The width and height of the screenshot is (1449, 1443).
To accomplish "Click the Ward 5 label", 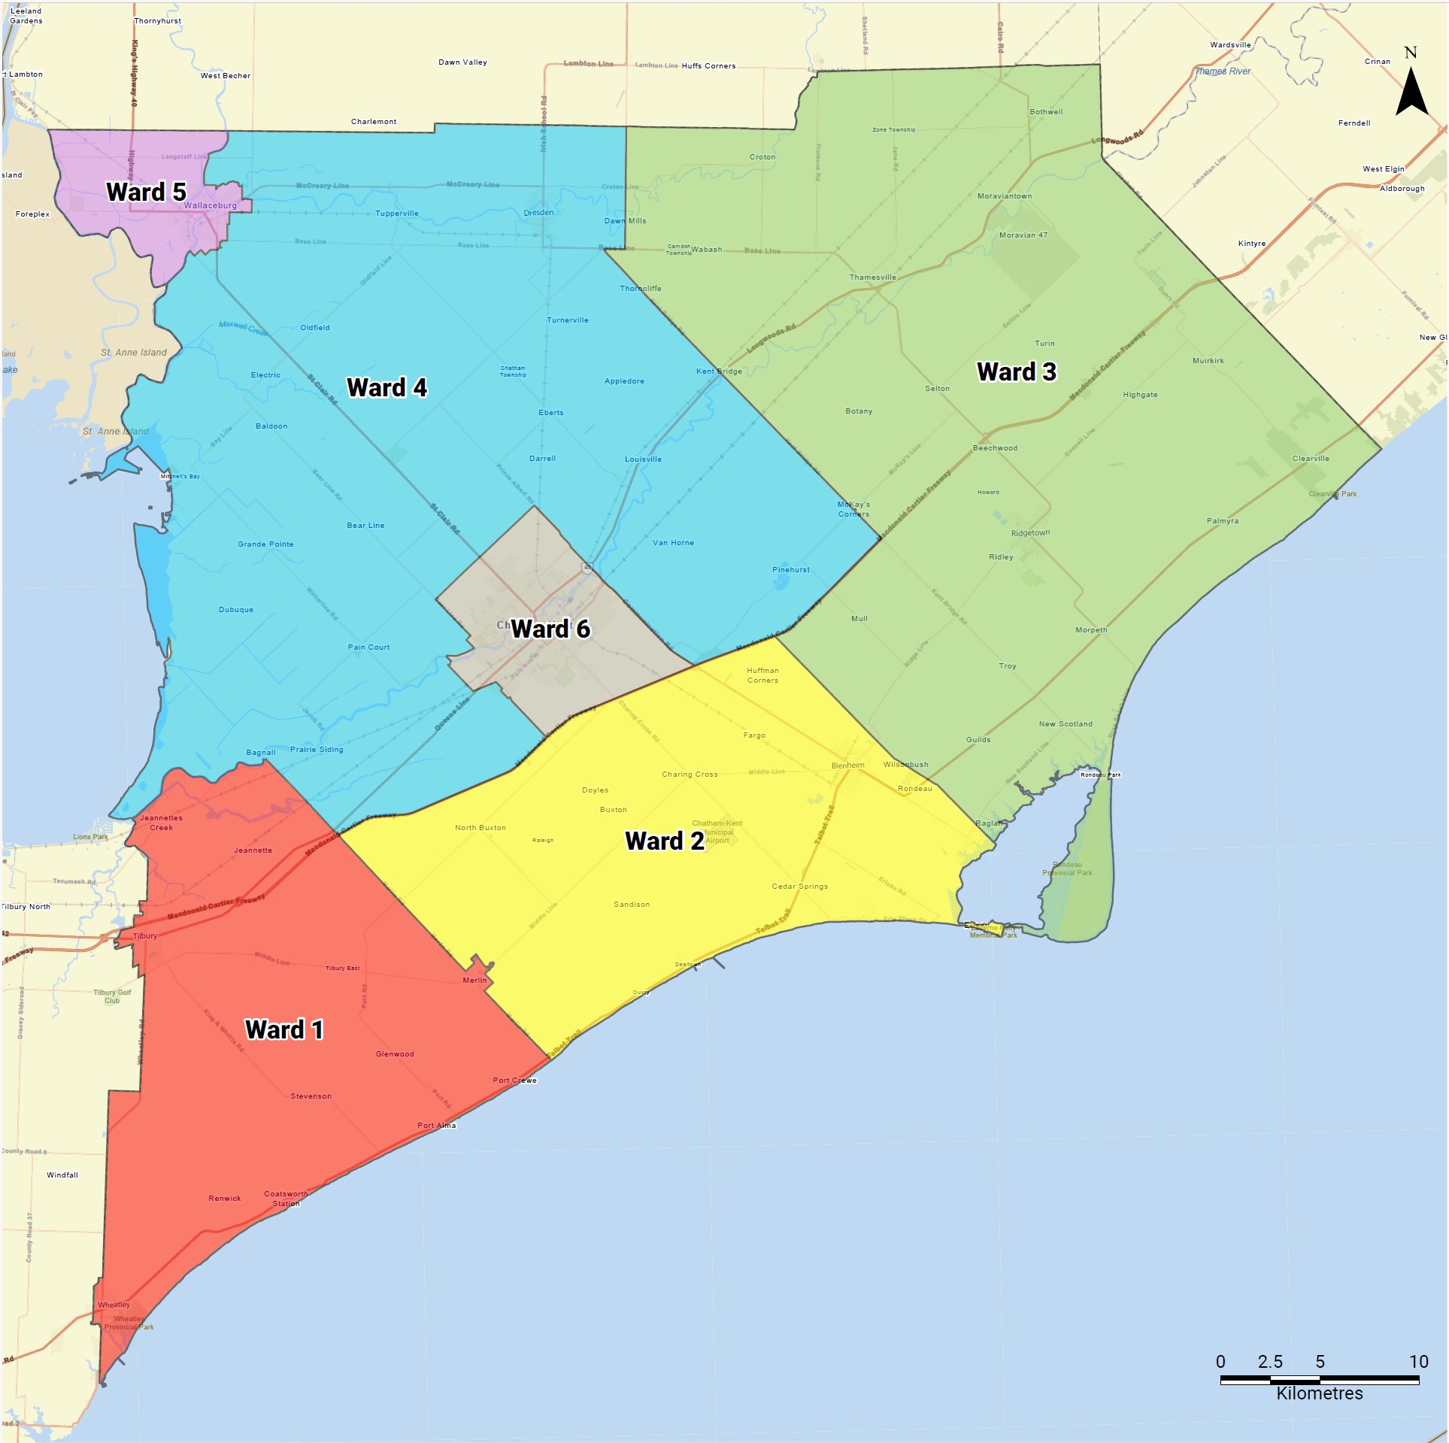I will pyautogui.click(x=146, y=193).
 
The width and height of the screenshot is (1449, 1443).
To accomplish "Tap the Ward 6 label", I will pyautogui.click(x=550, y=629).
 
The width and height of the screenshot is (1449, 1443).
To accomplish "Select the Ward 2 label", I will pyautogui.click(x=665, y=841).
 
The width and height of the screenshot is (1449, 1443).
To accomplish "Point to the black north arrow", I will pyautogui.click(x=1411, y=90).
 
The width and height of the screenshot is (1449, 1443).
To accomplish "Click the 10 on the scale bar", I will pyautogui.click(x=1418, y=1361).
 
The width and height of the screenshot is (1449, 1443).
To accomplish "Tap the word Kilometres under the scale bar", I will pyautogui.click(x=1319, y=1393).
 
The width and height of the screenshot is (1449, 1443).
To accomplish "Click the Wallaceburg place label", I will pyautogui.click(x=210, y=205).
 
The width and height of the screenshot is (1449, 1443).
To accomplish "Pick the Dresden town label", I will pyautogui.click(x=538, y=213).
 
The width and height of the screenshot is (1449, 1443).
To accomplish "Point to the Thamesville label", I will pyautogui.click(x=872, y=277).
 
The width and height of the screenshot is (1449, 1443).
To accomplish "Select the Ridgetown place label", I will pyautogui.click(x=1030, y=533).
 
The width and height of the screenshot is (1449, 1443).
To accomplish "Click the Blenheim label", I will pyautogui.click(x=847, y=765).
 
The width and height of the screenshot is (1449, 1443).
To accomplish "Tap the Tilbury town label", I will pyautogui.click(x=145, y=936).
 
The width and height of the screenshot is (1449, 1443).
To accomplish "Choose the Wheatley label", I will pyautogui.click(x=114, y=1305).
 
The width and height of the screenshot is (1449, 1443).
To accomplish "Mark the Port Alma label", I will pyautogui.click(x=436, y=1126).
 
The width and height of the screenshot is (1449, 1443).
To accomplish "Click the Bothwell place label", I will pyautogui.click(x=1046, y=112).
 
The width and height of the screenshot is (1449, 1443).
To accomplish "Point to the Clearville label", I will pyautogui.click(x=1311, y=459).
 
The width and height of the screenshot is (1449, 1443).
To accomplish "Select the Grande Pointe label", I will pyautogui.click(x=265, y=544).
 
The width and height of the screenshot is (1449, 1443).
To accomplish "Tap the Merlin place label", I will pyautogui.click(x=474, y=981).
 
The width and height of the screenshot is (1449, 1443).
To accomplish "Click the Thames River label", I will pyautogui.click(x=1223, y=71).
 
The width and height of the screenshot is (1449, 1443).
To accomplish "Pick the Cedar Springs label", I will pyautogui.click(x=799, y=887).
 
